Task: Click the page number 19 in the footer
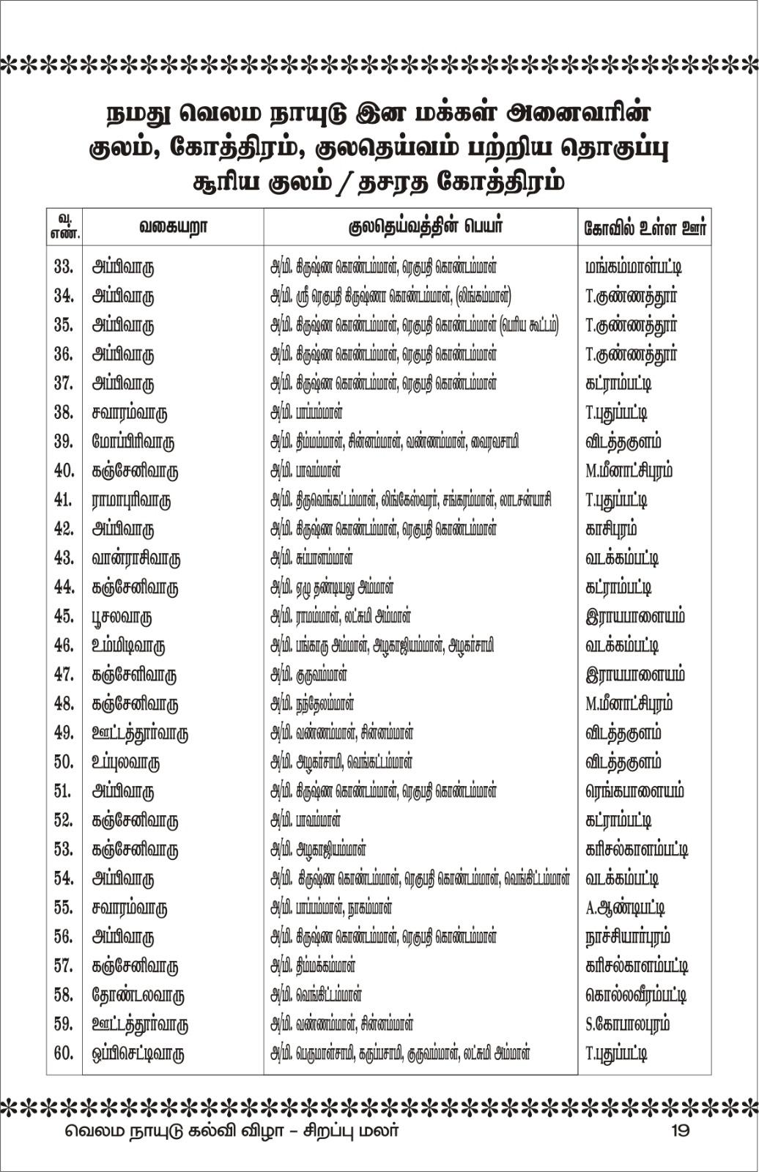[x=679, y=1130]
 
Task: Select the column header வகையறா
[x=173, y=227]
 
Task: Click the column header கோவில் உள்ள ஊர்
[x=645, y=227]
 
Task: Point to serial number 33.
[x=64, y=267]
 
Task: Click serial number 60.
[x=64, y=1053]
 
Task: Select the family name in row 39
[x=133, y=442]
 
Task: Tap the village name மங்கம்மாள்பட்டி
[x=634, y=267]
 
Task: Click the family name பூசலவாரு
[x=122, y=617]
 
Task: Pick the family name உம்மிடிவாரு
[x=128, y=646]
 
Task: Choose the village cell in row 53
[x=637, y=850]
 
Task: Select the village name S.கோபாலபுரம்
[x=627, y=1025]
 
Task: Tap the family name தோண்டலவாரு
[x=138, y=995]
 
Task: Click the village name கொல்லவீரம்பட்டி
[x=636, y=995]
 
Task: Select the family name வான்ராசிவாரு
[x=136, y=558]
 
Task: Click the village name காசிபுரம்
[x=611, y=529]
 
